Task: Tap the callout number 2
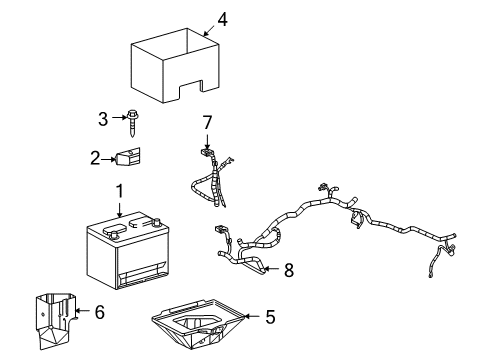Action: pyautogui.click(x=95, y=157)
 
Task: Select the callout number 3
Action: pyautogui.click(x=101, y=120)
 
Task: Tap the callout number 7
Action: pyautogui.click(x=207, y=122)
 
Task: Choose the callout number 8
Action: pyautogui.click(x=288, y=268)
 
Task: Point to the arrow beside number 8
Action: pyautogui.click(x=271, y=268)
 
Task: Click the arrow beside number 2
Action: pyautogui.click(x=110, y=157)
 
